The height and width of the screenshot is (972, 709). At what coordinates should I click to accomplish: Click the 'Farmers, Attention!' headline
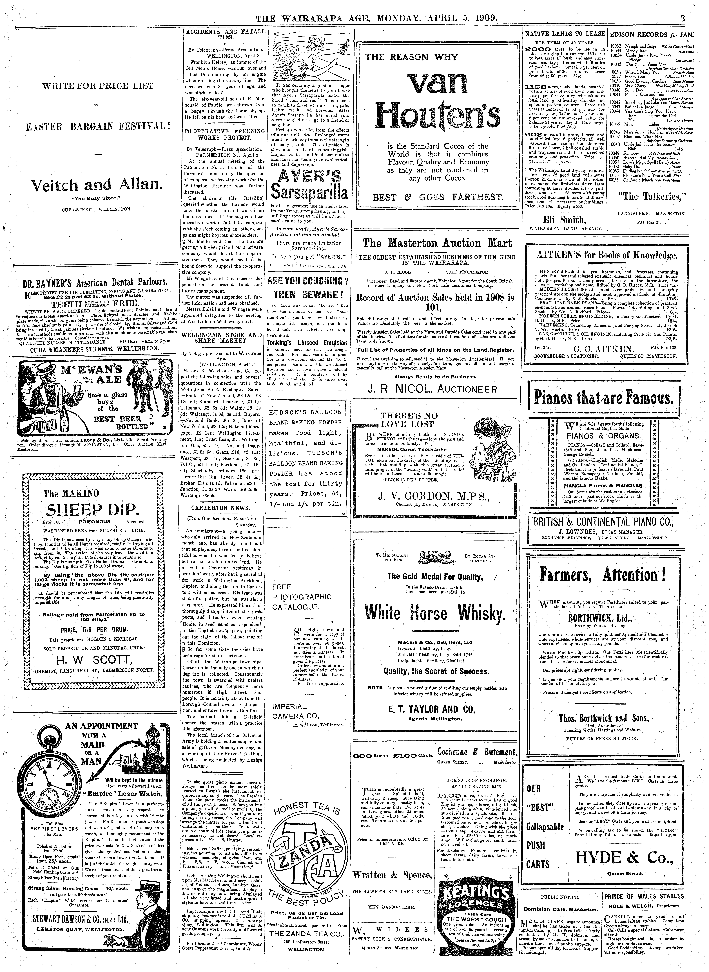pos(603,575)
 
